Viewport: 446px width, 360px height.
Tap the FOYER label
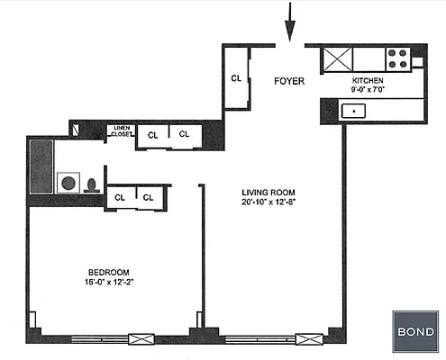[289, 81]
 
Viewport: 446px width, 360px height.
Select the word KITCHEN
[368, 80]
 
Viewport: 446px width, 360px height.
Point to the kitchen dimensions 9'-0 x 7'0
[368, 90]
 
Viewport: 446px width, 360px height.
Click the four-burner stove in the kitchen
[398, 58]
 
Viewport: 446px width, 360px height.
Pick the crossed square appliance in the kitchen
[338, 58]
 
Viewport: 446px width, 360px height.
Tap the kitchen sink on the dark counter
[353, 112]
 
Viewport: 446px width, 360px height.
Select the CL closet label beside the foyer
[236, 77]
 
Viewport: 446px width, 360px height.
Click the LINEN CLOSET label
[121, 131]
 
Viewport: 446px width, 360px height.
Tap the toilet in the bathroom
[91, 185]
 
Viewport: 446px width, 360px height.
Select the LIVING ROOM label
[270, 193]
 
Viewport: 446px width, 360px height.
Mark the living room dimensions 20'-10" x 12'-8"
[270, 202]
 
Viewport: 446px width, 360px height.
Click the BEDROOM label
[110, 272]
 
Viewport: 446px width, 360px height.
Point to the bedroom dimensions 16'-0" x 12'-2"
[110, 282]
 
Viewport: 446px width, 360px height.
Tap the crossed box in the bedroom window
[141, 340]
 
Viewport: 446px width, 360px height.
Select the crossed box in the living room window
[308, 340]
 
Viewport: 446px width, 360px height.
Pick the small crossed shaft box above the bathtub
[78, 129]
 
